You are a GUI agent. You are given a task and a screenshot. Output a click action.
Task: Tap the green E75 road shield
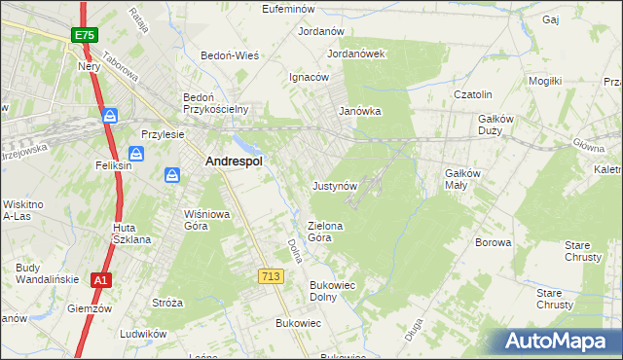pos(84,35)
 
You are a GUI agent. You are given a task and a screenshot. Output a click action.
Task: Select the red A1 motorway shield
pos(99,280)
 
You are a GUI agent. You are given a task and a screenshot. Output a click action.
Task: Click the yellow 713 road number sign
pos(272,277)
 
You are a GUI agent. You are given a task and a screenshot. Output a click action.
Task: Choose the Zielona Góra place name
pos(326,231)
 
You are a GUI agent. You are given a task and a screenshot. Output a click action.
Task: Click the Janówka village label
pos(359,111)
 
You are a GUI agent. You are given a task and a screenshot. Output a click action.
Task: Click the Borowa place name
pos(493,242)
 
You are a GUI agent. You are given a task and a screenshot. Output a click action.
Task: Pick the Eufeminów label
pos(292,9)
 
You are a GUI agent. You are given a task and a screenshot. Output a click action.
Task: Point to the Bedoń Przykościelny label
pos(217,103)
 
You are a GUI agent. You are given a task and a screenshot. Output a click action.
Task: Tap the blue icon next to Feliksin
pos(136,154)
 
